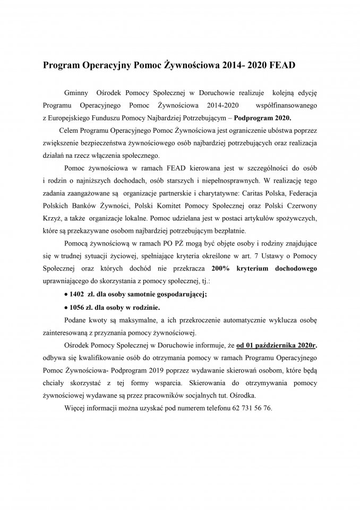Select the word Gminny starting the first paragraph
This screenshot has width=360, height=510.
[75, 92]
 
